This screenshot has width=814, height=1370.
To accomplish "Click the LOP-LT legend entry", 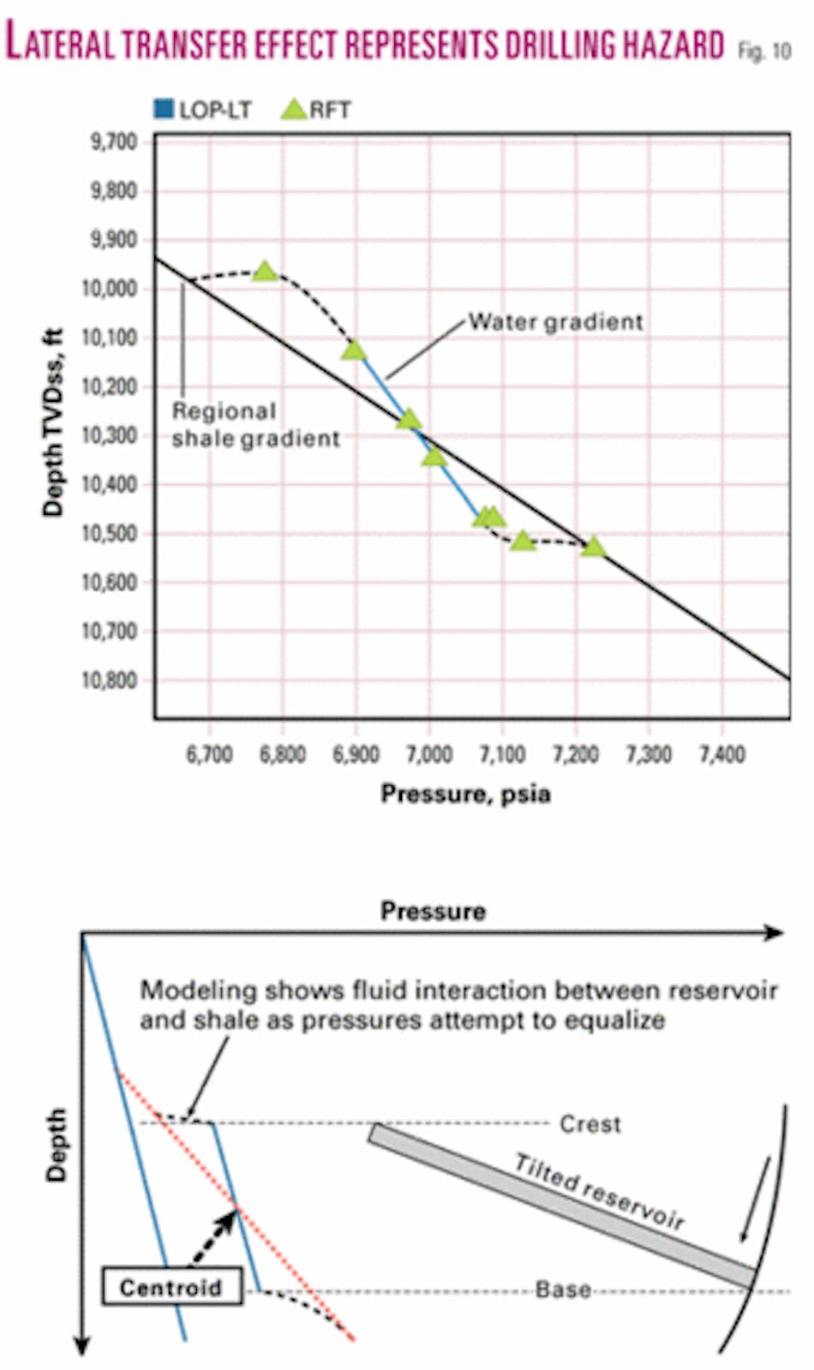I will click(203, 110).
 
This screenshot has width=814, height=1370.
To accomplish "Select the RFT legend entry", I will click(317, 110).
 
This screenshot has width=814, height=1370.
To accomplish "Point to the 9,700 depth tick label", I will click(115, 141).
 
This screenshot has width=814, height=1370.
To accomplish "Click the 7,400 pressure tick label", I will click(721, 754).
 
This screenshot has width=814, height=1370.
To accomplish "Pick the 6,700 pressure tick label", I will click(209, 754).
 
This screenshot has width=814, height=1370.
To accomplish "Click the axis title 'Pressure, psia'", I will click(465, 794).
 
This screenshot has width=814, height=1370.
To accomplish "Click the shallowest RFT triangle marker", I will click(265, 272).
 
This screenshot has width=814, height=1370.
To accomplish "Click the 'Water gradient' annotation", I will click(555, 322).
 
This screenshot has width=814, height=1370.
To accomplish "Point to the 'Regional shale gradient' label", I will click(254, 425).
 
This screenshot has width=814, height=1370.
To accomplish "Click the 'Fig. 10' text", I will click(764, 51).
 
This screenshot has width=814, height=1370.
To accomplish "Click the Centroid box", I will click(171, 1286).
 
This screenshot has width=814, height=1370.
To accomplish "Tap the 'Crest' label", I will click(590, 1123).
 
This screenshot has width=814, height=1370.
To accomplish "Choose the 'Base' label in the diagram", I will click(563, 1289).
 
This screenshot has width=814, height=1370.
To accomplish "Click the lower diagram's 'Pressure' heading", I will click(433, 911).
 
